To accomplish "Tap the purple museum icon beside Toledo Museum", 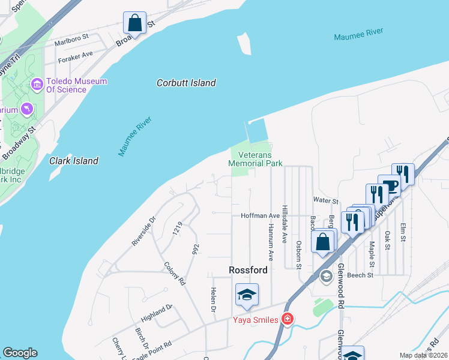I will pyautogui.click(x=37, y=84).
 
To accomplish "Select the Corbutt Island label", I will pyautogui.click(x=186, y=83).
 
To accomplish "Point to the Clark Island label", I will pyautogui.click(x=74, y=161).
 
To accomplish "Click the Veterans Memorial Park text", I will pyautogui.click(x=255, y=158).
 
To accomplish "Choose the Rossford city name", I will pyautogui.click(x=248, y=270).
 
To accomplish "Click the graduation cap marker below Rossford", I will pyautogui.click(x=246, y=295).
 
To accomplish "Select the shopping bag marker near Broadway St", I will pyautogui.click(x=135, y=23).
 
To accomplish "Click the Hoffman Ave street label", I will pyautogui.click(x=260, y=215).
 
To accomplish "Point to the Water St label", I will pyautogui.click(x=325, y=200).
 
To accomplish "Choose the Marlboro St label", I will pyautogui.click(x=71, y=40).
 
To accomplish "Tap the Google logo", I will pyautogui.click(x=20, y=353).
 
